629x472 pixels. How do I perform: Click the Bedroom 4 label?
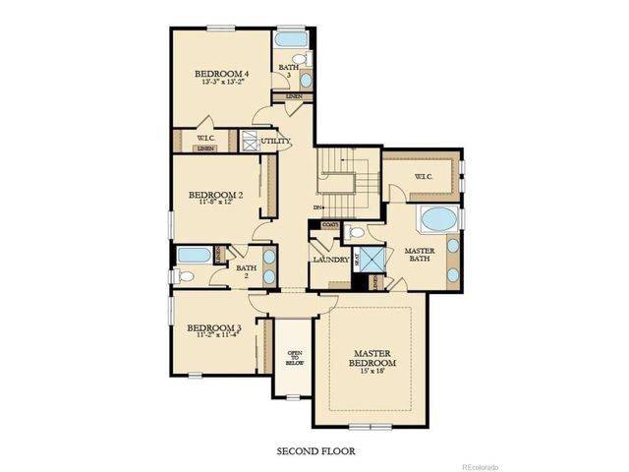coord(220,74)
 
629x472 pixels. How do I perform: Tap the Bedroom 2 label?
coord(214,195)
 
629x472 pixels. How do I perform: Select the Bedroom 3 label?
coord(213,327)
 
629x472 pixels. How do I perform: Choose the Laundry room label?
coord(330,260)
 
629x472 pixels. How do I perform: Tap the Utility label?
coord(275,142)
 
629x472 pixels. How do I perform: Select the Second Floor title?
coord(314,451)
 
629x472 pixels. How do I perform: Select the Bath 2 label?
coord(246,270)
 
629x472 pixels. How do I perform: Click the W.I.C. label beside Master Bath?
coord(424,177)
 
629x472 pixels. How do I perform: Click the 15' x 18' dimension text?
coord(372,372)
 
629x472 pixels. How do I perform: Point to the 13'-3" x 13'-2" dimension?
coord(220,83)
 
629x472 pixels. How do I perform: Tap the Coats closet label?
coord(329,225)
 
